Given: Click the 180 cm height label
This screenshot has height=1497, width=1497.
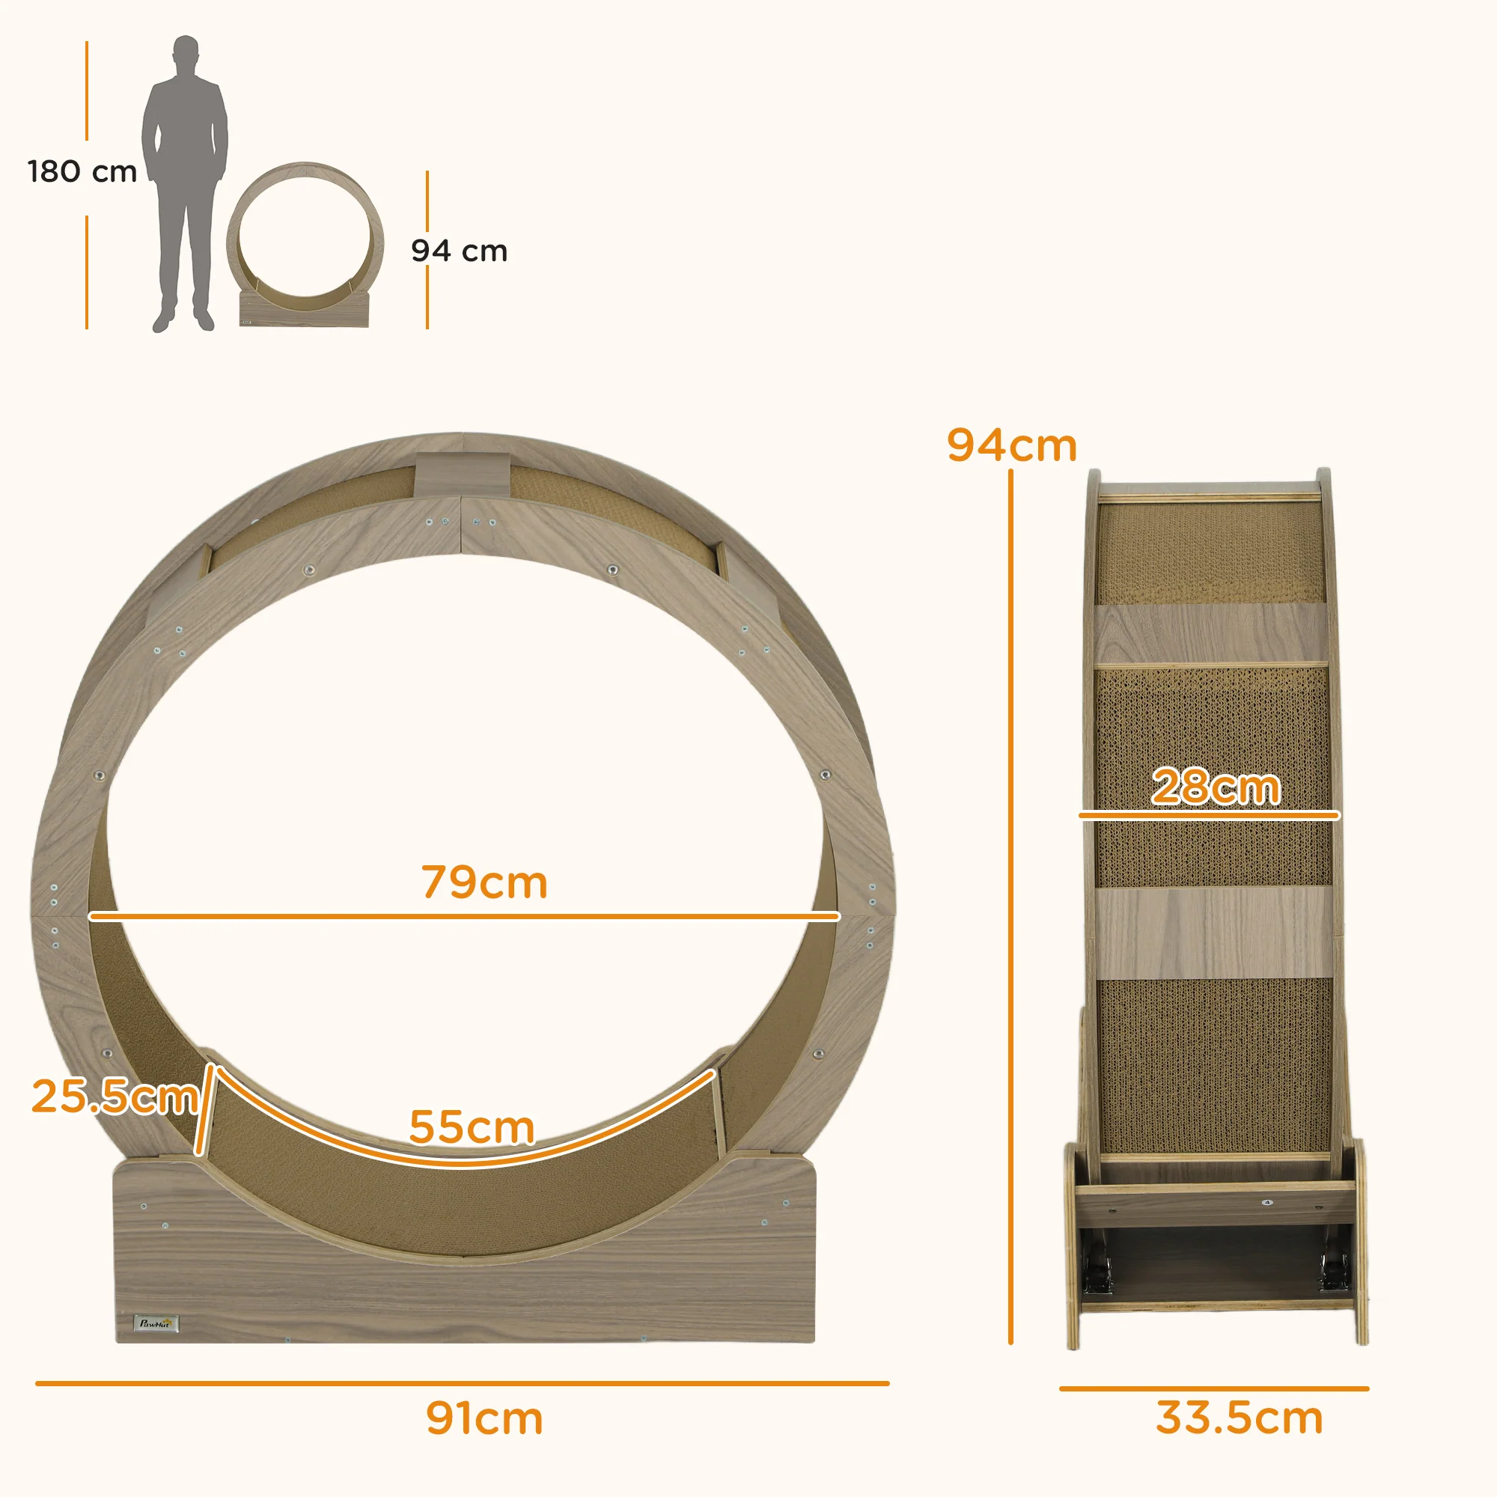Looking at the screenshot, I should [x=82, y=171].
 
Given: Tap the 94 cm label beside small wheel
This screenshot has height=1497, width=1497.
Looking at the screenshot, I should [x=459, y=250].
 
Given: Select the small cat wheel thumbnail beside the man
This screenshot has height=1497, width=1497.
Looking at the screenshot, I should [x=305, y=244].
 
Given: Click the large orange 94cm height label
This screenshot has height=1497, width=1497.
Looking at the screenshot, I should [x=1012, y=445].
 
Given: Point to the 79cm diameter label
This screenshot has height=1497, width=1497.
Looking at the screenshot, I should [x=484, y=882].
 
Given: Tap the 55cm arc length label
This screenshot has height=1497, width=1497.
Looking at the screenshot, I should [x=471, y=1126].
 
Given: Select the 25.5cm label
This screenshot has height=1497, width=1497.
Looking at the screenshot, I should [x=114, y=1097].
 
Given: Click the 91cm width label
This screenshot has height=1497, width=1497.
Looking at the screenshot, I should [x=484, y=1418].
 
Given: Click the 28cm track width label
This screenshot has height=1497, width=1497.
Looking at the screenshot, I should [x=1215, y=787].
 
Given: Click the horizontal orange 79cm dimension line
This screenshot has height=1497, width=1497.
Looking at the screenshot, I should [x=465, y=916].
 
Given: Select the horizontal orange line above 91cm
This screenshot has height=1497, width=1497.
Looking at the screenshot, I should [x=463, y=1383].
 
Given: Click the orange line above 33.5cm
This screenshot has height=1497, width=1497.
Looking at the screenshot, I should [x=1214, y=1388].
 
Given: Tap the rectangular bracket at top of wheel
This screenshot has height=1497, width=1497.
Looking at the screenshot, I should [x=462, y=475].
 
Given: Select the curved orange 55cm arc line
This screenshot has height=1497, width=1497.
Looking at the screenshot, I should [x=465, y=1162].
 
